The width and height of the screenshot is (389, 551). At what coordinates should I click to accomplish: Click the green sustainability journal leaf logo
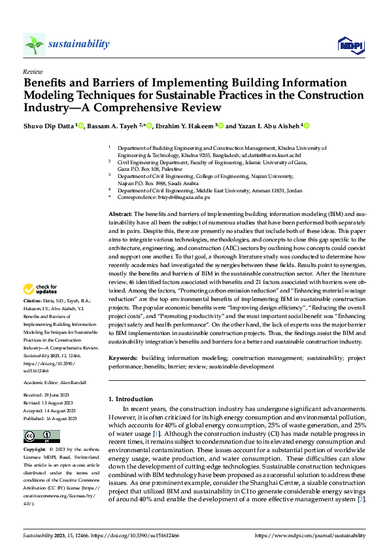pyautogui.click(x=34, y=44)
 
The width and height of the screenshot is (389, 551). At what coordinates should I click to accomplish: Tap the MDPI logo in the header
pyautogui.click(x=349, y=44)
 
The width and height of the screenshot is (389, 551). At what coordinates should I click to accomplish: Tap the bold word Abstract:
pyautogui.click(x=120, y=215)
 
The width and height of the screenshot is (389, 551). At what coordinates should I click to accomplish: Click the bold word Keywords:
pyautogui.click(x=122, y=358)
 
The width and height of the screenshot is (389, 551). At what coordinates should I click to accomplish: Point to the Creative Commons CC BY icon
pyautogui.click(x=41, y=436)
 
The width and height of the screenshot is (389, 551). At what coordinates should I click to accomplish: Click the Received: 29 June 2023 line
pyautogui.click(x=50, y=395)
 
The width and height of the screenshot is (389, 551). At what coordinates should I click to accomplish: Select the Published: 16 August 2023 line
pyautogui.click(x=53, y=418)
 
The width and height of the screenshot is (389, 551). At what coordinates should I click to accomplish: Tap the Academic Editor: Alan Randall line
pyautogui.click(x=54, y=382)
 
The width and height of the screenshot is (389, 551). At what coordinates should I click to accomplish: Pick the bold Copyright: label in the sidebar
pyautogui.click(x=35, y=450)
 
